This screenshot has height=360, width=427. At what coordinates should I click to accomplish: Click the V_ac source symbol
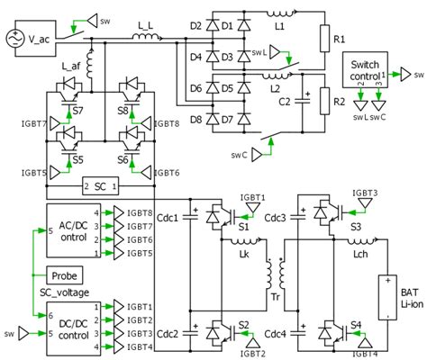tap(15, 39)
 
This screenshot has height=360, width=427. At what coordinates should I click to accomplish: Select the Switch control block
tap(364, 71)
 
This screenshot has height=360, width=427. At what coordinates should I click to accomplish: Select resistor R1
tap(325, 40)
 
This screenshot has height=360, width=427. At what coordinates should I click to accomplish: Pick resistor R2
tap(325, 102)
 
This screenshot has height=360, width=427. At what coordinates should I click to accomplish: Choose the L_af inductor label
tap(70, 67)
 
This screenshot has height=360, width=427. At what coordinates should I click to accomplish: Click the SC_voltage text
tap(68, 291)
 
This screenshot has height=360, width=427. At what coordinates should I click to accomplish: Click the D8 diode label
tap(196, 121)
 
